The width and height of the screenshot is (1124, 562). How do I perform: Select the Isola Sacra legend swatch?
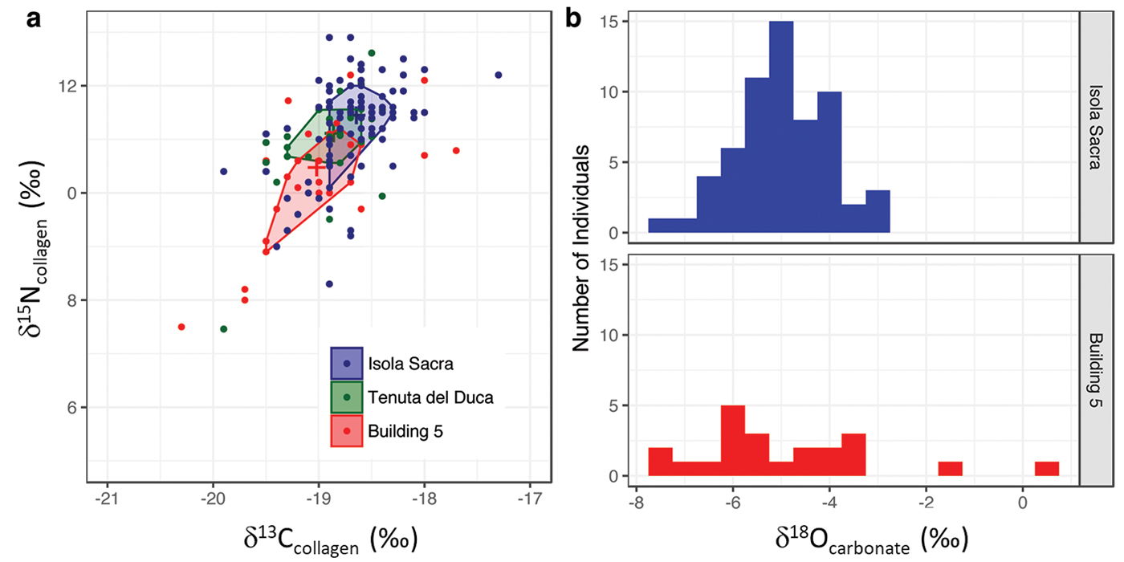click(x=347, y=363)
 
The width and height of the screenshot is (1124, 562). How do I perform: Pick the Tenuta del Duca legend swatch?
click(x=347, y=397)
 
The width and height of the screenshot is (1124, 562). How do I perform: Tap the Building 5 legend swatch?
click(x=347, y=430)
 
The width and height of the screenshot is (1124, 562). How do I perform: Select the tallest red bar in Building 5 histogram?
click(x=732, y=441)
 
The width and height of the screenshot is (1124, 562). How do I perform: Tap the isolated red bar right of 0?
click(x=1046, y=469)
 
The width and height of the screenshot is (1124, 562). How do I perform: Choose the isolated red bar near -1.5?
click(x=950, y=469)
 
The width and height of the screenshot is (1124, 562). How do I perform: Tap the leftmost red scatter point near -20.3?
click(x=181, y=327)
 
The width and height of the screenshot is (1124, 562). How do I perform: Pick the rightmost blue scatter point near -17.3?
click(x=499, y=75)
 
